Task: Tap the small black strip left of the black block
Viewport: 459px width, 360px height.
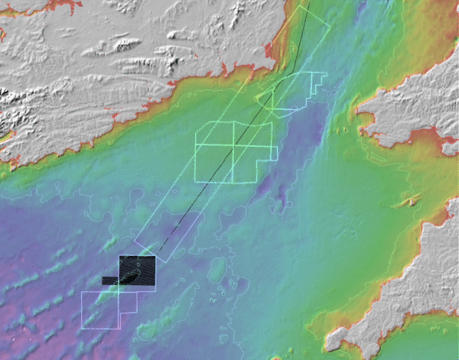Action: click(110, 280)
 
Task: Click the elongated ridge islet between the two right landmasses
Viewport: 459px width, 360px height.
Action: click(412, 201)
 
